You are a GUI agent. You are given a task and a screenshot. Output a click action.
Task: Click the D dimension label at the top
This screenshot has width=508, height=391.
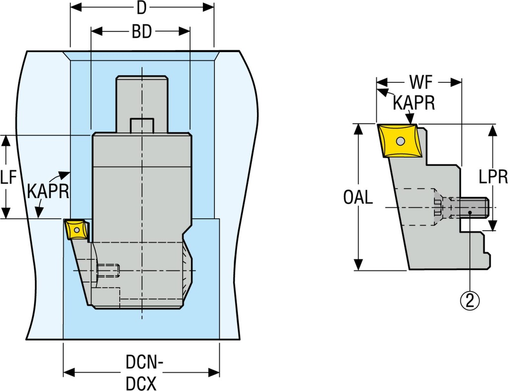[142, 8]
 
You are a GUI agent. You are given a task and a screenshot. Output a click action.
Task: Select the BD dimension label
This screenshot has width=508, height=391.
[141, 32]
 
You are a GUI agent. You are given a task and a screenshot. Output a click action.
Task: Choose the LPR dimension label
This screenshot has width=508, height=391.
[493, 177]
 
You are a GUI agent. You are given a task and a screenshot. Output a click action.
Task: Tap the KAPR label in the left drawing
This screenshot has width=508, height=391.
[48, 191]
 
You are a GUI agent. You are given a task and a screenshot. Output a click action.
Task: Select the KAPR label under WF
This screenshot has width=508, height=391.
[414, 103]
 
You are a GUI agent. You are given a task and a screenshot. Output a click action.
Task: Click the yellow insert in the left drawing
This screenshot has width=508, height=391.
[75, 230]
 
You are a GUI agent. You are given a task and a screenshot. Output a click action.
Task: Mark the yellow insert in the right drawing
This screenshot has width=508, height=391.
[399, 141]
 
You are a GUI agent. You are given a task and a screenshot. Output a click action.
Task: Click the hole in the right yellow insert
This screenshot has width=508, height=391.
[400, 141]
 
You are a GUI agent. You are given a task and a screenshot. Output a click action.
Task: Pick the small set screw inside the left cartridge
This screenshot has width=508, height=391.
[109, 270]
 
